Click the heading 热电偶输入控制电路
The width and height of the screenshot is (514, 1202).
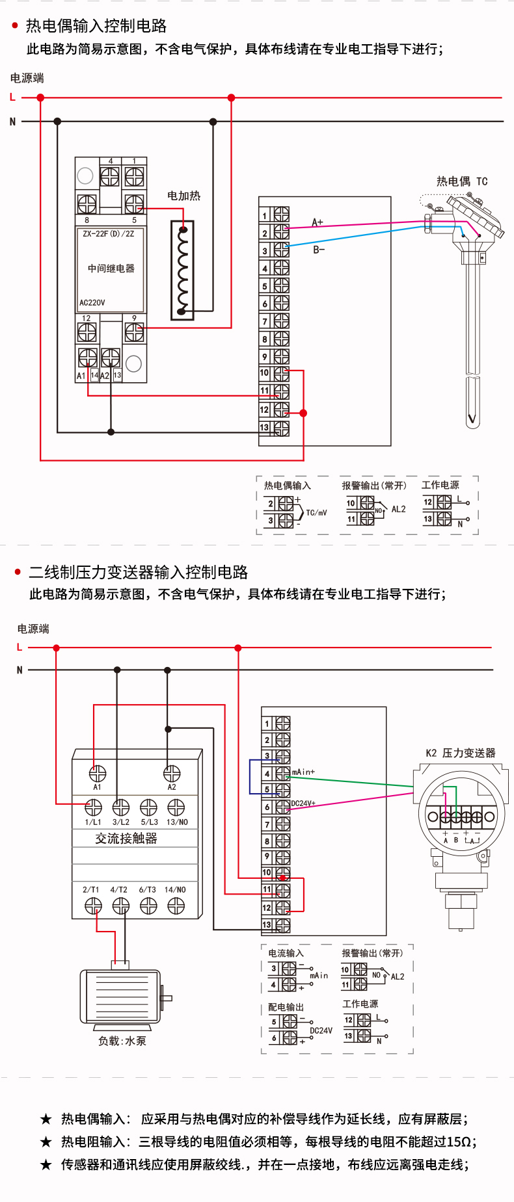96,26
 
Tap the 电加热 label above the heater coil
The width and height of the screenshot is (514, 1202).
183,196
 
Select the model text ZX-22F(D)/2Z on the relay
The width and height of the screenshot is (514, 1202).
109,234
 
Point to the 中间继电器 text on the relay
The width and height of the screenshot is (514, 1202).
111,268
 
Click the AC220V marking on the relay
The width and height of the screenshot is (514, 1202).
92,302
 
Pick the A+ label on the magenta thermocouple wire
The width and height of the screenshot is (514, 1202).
318,222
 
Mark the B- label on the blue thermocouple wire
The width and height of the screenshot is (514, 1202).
319,250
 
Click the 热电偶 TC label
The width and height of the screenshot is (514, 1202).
461,181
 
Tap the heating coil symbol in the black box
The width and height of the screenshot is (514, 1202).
182,270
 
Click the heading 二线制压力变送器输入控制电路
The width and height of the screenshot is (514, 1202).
138,572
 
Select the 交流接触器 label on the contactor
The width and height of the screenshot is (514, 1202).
126,839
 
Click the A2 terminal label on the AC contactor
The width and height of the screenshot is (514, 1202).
172,787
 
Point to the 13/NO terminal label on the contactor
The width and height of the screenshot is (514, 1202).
177,822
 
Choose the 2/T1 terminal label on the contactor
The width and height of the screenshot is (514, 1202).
91,890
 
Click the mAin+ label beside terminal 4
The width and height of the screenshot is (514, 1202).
303,772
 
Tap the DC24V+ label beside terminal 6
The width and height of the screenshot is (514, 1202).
303,804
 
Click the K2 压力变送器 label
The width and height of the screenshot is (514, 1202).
461,753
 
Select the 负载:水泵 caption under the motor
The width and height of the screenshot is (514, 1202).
122,1041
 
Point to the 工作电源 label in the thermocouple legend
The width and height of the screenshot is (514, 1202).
440,485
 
